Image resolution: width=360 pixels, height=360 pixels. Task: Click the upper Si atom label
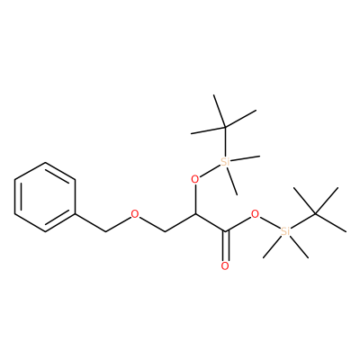point(225,162)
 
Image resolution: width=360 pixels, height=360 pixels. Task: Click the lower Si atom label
point(285,231)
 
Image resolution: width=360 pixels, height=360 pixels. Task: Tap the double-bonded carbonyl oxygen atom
point(225,265)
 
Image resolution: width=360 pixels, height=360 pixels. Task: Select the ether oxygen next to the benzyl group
point(135,214)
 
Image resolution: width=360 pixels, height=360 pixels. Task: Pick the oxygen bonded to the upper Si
point(195,179)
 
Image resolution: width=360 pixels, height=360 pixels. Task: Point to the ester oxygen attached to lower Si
point(255,214)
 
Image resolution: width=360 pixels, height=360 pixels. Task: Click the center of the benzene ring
point(45,197)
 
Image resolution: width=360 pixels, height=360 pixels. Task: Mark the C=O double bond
point(225,246)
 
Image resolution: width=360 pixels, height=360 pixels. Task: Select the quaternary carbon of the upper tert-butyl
point(225,127)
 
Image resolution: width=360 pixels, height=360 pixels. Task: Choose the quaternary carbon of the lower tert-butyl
point(315,214)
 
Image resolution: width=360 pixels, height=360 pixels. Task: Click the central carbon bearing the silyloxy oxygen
point(195,214)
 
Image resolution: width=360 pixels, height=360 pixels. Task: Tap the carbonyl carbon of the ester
point(225,231)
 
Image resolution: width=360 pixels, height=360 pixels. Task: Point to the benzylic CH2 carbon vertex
point(105,231)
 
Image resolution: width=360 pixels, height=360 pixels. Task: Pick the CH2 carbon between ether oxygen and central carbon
point(165,231)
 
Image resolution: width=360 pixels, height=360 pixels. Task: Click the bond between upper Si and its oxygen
point(210,170)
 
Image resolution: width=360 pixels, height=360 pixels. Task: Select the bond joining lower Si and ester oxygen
point(270,222)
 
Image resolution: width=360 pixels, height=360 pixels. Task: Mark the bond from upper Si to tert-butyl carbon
point(225,142)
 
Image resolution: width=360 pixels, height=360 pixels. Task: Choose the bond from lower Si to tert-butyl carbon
point(302,221)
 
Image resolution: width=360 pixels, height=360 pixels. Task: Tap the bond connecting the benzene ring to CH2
point(90,222)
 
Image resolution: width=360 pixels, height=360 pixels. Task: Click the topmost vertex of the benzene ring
point(45,163)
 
